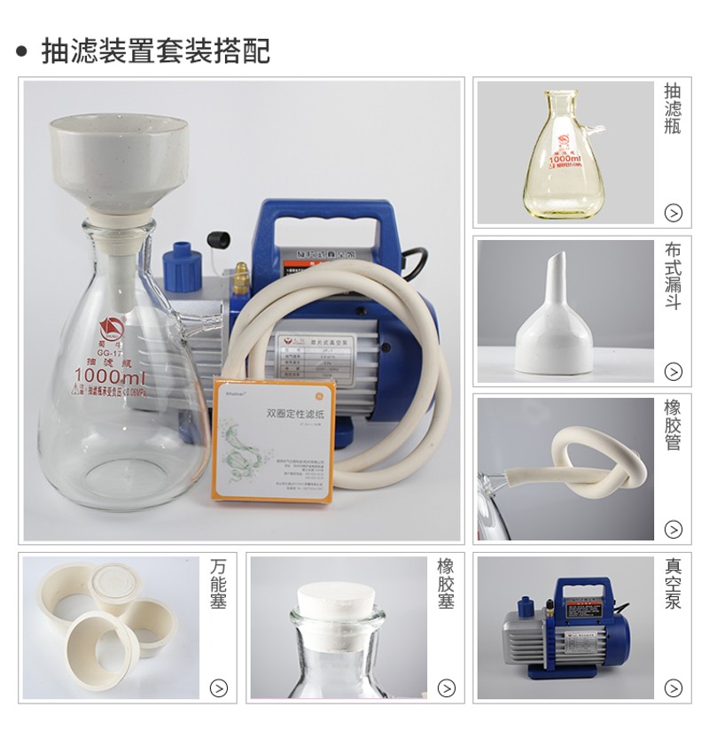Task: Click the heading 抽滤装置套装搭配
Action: click(155, 50)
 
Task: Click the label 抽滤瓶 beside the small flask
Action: click(673, 108)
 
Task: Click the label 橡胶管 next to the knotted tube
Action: click(673, 423)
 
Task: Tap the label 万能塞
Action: click(219, 583)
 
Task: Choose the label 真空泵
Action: click(673, 583)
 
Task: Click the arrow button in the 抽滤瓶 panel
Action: click(674, 213)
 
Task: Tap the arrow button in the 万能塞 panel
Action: click(219, 688)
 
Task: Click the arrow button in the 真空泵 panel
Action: click(674, 688)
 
